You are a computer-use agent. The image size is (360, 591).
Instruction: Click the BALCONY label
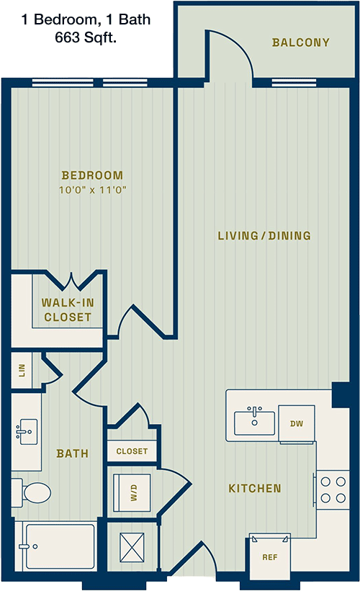pos(301,42)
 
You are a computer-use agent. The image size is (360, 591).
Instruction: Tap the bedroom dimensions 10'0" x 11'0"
pos(92,189)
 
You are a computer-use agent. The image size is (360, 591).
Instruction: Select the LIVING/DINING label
pos(265,235)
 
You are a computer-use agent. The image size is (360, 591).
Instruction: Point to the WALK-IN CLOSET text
pos(68,310)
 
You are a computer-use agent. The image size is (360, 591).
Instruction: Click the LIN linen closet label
pos(22,370)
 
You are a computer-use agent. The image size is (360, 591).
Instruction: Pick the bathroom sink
pos(27,432)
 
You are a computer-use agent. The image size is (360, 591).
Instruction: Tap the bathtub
pos(58,546)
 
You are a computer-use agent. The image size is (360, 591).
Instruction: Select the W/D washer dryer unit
pos(132,492)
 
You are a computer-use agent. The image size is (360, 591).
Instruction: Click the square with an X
pos(132,547)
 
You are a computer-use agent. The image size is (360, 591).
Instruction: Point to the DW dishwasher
pos(297,424)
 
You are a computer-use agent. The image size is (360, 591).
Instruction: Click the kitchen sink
pos(254,421)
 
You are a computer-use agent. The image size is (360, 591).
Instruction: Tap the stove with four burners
pos(332,490)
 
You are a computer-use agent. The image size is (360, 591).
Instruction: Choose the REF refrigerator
pos(270,556)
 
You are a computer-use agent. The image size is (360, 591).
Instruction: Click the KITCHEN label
pos(255,489)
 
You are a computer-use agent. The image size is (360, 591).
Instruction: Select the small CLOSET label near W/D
pos(132,451)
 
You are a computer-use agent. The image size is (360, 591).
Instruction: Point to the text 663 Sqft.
pos(86,37)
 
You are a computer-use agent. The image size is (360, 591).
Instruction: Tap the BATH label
pos(73,453)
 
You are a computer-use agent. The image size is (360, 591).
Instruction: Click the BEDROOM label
pos(92,175)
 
